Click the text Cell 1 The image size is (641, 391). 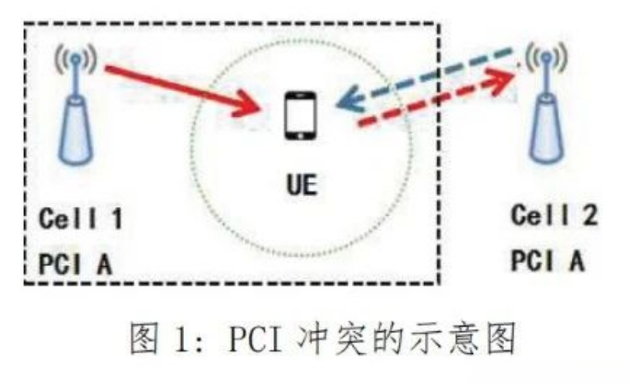pyautogui.click(x=81, y=220)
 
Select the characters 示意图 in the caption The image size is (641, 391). pyautogui.click(x=468, y=339)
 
